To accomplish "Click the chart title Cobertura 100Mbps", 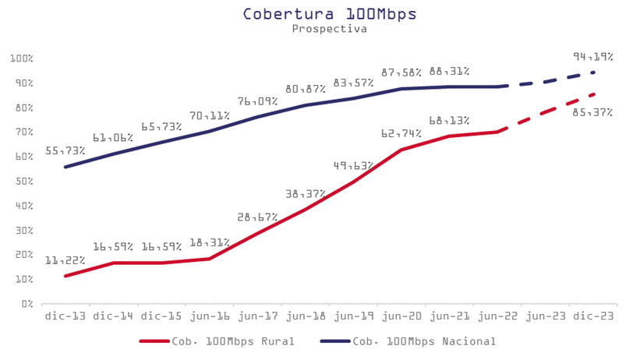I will coord(318,13).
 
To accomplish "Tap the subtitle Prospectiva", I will coord(318,28).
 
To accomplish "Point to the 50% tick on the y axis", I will coord(22,181).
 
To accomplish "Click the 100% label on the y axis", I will coord(20,58).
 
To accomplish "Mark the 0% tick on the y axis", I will coord(25,303).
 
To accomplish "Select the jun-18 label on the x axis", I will coord(306,316).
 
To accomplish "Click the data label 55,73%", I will coord(65,150).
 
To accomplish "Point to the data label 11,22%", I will coord(65,260).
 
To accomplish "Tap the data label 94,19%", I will coord(592,57).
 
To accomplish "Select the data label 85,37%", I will coord(592,113).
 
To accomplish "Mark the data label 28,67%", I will coord(258,217).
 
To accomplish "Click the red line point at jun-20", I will coord(401,150).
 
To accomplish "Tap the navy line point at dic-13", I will coord(65,167).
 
